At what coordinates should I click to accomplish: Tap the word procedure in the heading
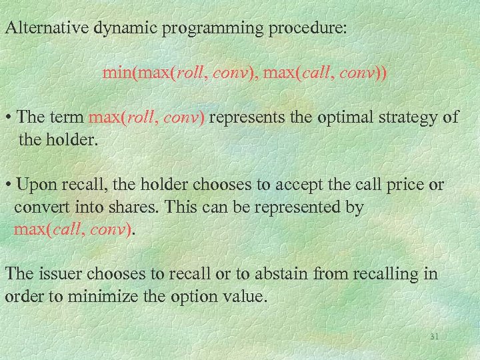(x=297, y=29)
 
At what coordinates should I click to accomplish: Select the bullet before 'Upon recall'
(x=8, y=185)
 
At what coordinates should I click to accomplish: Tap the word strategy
(x=405, y=117)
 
